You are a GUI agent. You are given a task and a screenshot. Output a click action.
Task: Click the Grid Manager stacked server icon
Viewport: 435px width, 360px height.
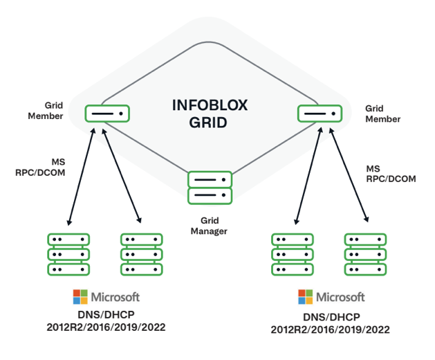coord(210,188)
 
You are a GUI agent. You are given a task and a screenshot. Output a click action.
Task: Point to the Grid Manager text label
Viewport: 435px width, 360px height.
coord(209,226)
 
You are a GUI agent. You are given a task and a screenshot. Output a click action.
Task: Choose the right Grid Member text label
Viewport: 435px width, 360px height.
coord(382,114)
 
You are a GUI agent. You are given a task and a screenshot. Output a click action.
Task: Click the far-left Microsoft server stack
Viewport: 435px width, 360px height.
coord(68,254)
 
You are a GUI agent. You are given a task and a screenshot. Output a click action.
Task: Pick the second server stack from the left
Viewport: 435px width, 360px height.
coord(141,254)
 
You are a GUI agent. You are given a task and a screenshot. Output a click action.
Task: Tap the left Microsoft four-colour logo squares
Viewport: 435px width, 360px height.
coord(81,297)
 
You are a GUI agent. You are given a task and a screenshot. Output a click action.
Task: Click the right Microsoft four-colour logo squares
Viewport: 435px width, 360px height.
coord(306,297)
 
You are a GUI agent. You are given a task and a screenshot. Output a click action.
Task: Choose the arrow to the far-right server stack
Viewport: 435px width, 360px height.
coord(349,176)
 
